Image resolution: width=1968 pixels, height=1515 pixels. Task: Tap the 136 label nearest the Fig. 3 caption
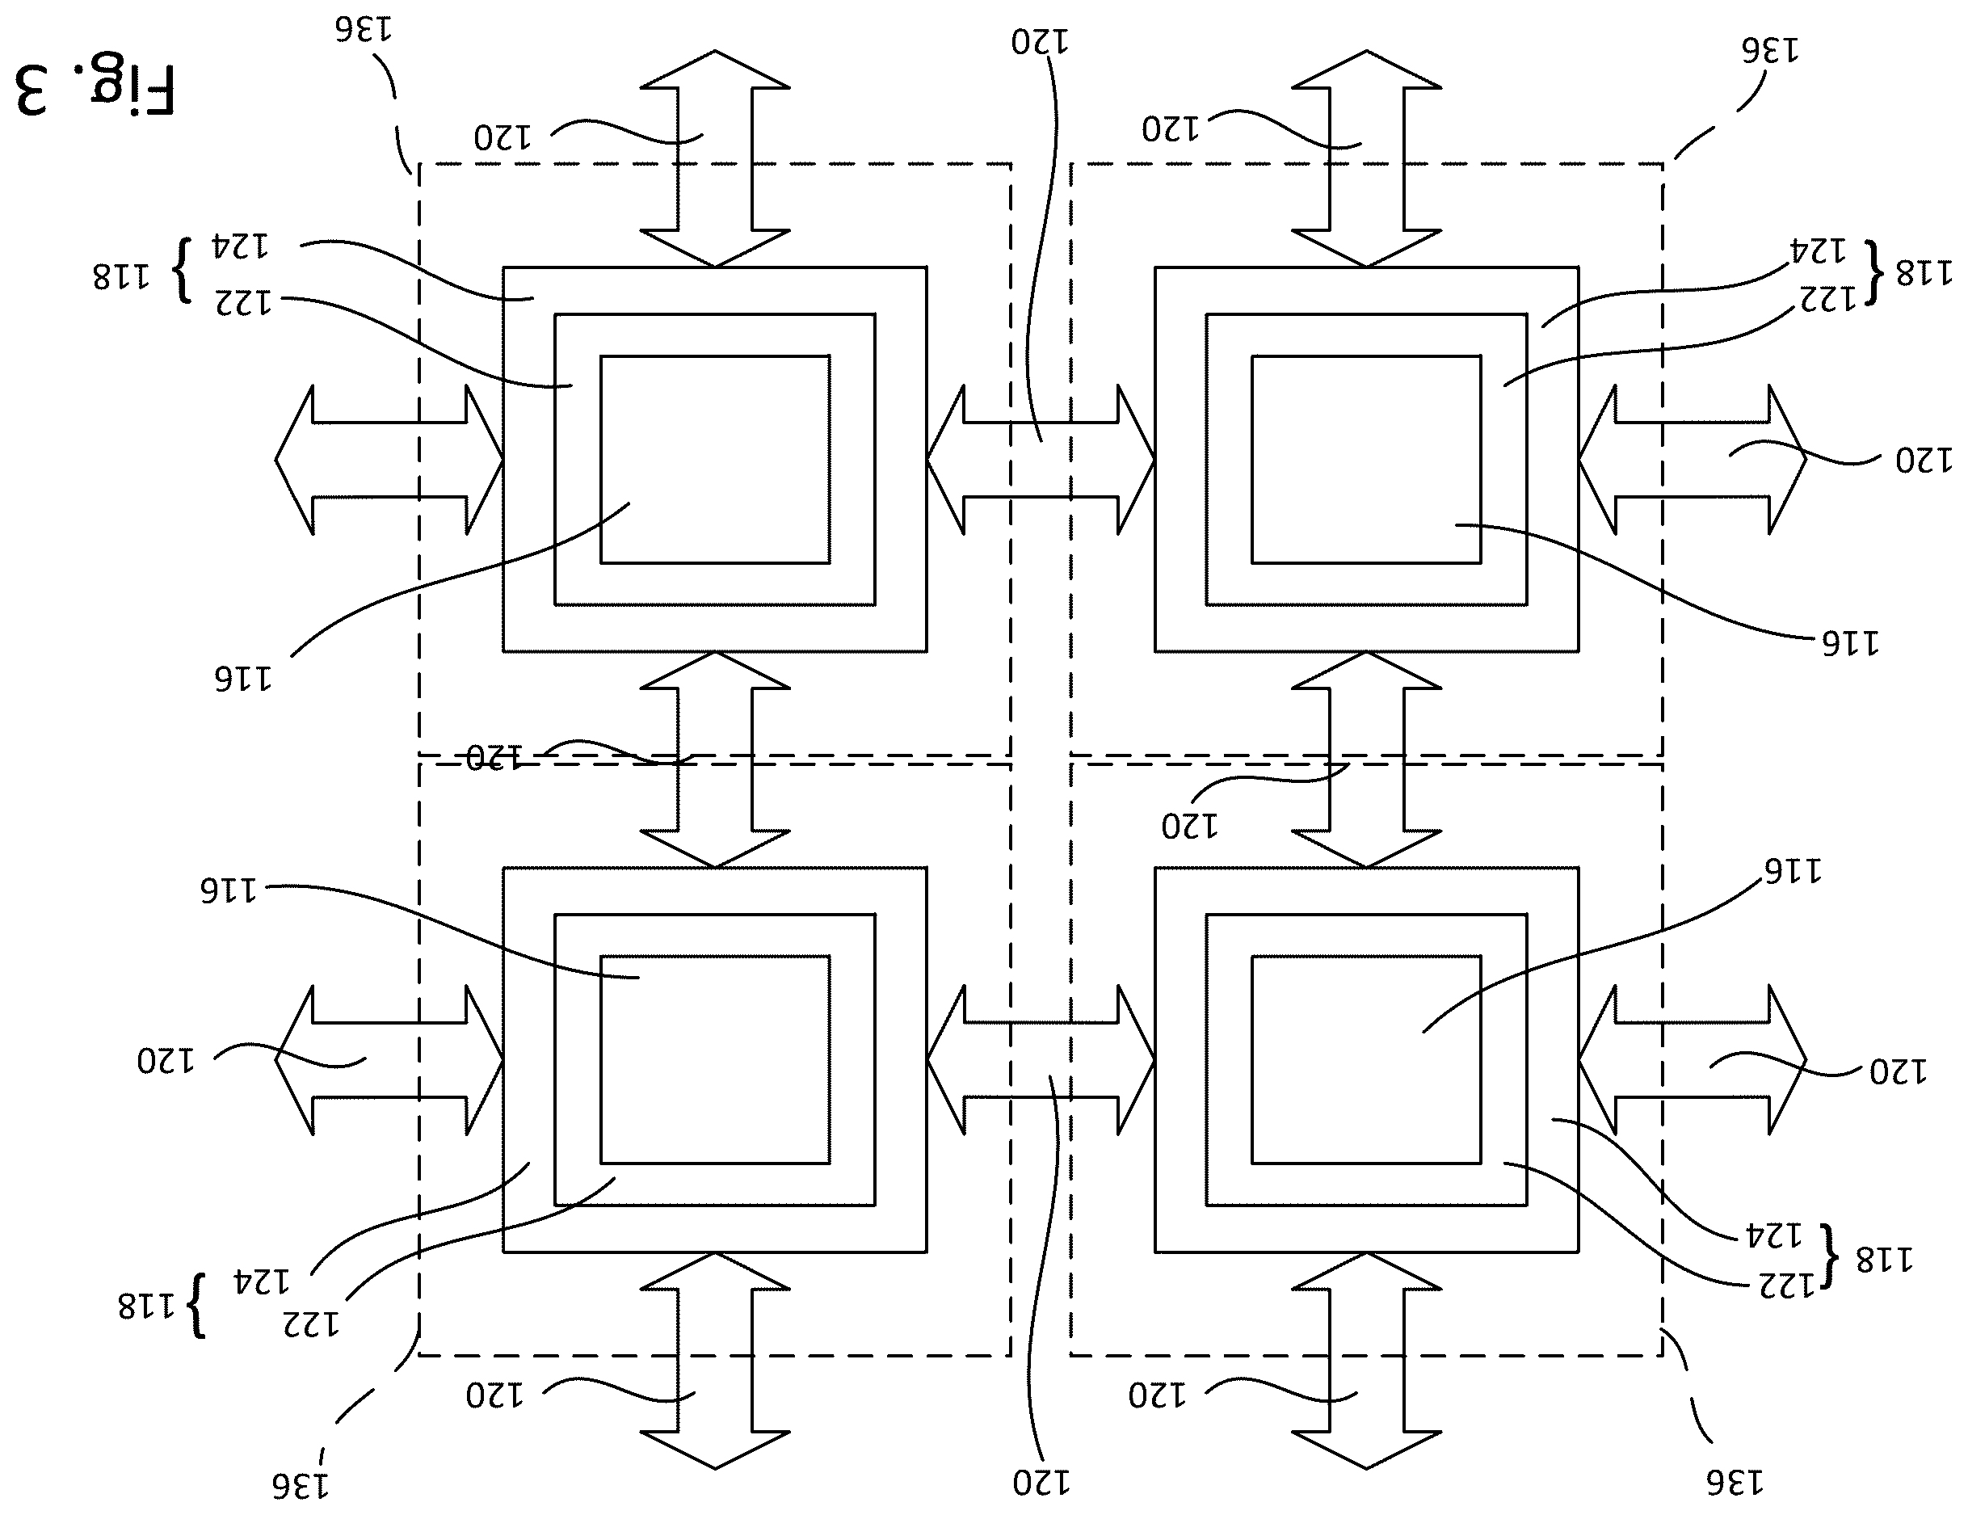pyautogui.click(x=364, y=30)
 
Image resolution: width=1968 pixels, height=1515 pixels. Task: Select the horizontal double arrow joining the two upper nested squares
pyautogui.click(x=1041, y=460)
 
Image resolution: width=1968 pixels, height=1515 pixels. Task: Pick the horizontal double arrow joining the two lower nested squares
pyautogui.click(x=1041, y=1060)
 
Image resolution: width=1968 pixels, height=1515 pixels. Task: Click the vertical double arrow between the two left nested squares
pyautogui.click(x=714, y=760)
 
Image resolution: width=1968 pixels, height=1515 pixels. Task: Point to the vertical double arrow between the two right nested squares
pyautogui.click(x=1366, y=760)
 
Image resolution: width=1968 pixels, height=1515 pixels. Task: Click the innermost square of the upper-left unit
pyautogui.click(x=714, y=460)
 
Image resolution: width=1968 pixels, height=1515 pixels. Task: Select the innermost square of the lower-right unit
pyautogui.click(x=1366, y=1060)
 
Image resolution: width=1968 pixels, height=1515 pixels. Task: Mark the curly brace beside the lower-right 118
pyautogui.click(x=1827, y=1256)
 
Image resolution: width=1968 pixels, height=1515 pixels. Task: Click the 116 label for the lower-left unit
pyautogui.click(x=228, y=890)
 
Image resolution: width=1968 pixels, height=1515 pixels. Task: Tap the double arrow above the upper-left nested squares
pyautogui.click(x=714, y=158)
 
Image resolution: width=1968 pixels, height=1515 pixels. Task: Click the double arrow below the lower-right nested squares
pyautogui.click(x=1366, y=1361)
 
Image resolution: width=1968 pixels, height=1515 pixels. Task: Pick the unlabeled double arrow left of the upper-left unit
pyautogui.click(x=389, y=460)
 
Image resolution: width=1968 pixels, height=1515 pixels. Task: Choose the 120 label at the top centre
pyautogui.click(x=1040, y=41)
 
